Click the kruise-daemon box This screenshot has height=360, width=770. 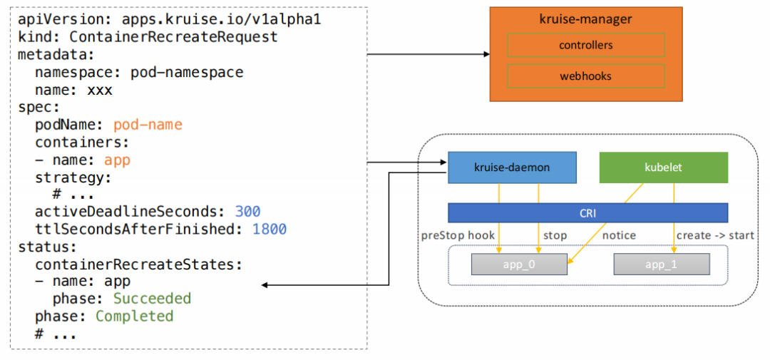pyautogui.click(x=512, y=168)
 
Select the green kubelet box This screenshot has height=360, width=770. pyautogui.click(x=664, y=168)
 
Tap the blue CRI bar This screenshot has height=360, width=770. pyautogui.click(x=587, y=213)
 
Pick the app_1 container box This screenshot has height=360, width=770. pyautogui.click(x=662, y=264)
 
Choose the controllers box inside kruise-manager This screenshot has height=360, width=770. pyautogui.click(x=586, y=45)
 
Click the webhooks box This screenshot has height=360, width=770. pyautogui.click(x=586, y=76)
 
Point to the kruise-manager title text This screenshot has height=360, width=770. pyautogui.click(x=585, y=20)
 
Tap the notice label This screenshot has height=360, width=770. pyautogui.click(x=619, y=236)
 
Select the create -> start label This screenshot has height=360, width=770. pyautogui.click(x=715, y=236)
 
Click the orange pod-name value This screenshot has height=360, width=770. pyautogui.click(x=148, y=125)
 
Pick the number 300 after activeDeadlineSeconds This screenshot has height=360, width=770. pyautogui.click(x=247, y=212)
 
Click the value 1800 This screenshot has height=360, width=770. pyautogui.click(x=269, y=229)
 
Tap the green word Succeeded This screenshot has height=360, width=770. pyautogui.click(x=152, y=299)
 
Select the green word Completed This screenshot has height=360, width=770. pyautogui.click(x=135, y=316)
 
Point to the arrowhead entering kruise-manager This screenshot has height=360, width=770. pyautogui.click(x=487, y=55)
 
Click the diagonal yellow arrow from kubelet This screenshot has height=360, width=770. pyautogui.click(x=605, y=223)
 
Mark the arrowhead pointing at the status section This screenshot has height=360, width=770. pyautogui.click(x=265, y=285)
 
